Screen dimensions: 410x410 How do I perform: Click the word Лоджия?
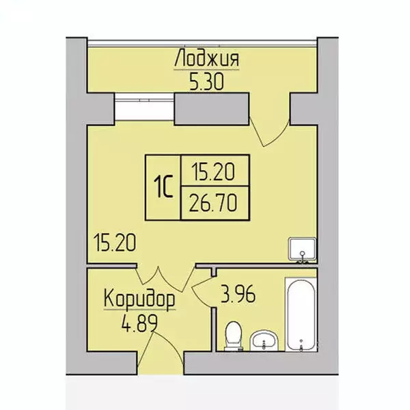[206, 59]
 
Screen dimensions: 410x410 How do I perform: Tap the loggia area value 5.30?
[206, 82]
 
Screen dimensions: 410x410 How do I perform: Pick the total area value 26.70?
[213, 204]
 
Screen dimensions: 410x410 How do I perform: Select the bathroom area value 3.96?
[241, 295]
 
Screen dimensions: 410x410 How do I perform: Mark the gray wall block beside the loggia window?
[211, 109]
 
